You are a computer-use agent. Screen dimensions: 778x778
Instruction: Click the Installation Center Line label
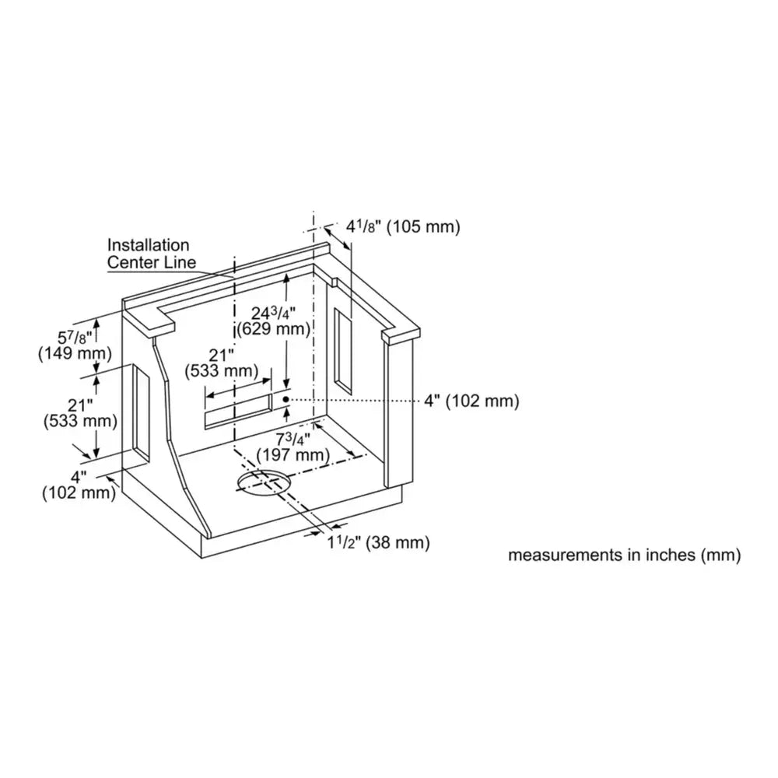coord(152,254)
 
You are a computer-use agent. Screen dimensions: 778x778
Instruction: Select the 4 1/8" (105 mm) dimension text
coord(403,226)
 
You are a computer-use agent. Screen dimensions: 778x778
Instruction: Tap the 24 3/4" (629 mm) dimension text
coord(273,321)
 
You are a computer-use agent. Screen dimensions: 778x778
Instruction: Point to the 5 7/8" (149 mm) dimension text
coord(75,346)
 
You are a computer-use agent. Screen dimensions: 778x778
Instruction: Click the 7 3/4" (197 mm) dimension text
coord(293,447)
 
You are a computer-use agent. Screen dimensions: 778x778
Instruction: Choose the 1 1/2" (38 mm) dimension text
coord(378,542)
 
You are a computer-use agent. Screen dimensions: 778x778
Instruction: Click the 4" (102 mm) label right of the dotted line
coord(471,401)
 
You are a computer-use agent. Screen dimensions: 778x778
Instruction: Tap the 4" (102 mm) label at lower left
coord(79,485)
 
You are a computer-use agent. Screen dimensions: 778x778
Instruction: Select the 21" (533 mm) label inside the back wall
coord(221,363)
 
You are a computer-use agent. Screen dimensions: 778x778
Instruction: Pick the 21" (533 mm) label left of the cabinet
coord(80,413)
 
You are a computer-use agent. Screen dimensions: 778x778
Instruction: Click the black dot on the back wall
coord(286,399)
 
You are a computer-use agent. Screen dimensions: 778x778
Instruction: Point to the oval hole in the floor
coord(264,482)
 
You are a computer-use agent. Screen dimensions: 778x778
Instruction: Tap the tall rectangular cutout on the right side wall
coord(343,352)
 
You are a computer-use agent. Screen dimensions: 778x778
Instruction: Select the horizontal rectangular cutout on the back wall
coord(239,410)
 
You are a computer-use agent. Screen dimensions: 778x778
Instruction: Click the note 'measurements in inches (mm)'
coord(624,555)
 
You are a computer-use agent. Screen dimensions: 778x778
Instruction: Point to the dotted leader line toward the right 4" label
coord(352,399)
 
